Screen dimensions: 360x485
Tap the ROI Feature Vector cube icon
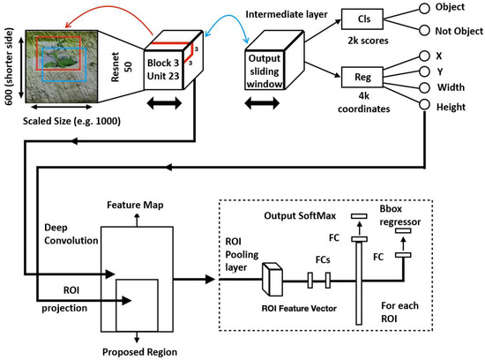(272, 281)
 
